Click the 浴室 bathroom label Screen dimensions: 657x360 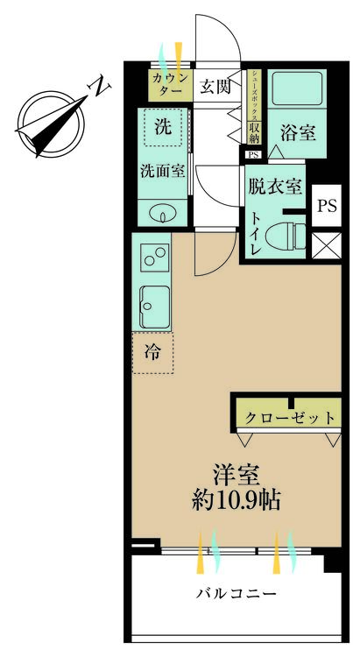click(297, 132)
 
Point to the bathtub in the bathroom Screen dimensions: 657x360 click(297, 90)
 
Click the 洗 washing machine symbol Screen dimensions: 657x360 click(164, 126)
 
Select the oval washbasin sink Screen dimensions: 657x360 click(161, 211)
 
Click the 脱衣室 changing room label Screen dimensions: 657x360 click(275, 186)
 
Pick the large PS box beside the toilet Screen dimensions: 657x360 click(326, 207)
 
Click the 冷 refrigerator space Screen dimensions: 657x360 click(152, 353)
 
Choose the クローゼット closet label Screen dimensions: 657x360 click(287, 417)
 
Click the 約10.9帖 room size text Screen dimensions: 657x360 click(236, 501)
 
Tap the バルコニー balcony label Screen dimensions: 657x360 click(236, 593)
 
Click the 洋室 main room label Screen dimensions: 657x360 click(236, 474)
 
